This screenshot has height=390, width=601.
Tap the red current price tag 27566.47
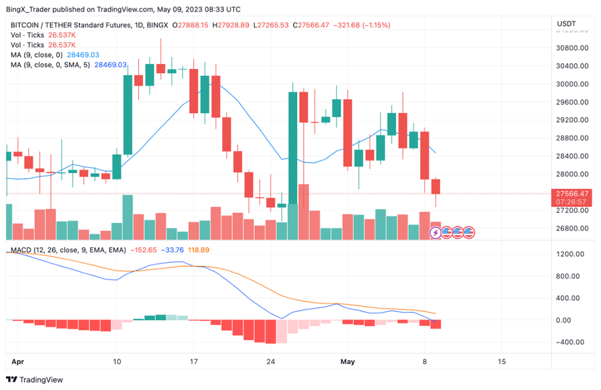(x=572, y=193)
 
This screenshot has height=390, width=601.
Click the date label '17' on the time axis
(x=193, y=361)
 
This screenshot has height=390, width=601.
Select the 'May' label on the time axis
(x=348, y=361)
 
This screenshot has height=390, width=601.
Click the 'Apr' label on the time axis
(x=18, y=361)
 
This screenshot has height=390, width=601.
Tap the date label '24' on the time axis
(x=271, y=361)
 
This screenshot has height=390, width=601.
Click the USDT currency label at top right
(x=566, y=25)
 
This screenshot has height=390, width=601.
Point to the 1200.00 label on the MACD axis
(x=570, y=254)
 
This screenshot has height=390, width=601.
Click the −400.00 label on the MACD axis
(x=570, y=342)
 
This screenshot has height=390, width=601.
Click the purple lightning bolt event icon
(x=435, y=232)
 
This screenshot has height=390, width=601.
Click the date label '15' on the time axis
(x=501, y=361)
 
